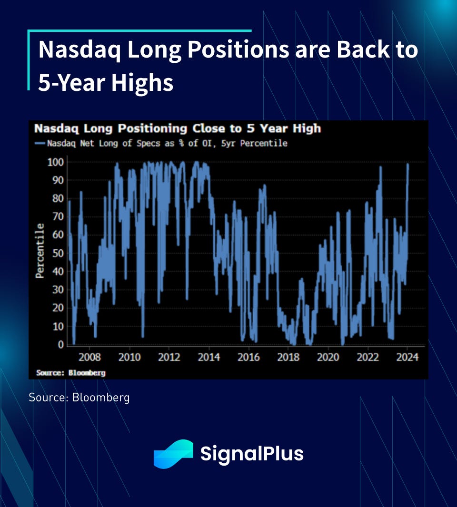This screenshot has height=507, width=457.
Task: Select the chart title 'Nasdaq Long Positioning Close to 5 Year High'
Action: pyautogui.click(x=177, y=128)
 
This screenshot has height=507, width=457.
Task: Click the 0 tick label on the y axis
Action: pyautogui.click(x=61, y=345)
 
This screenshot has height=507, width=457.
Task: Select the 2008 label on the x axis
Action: pyautogui.click(x=89, y=357)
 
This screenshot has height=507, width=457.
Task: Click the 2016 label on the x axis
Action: pyautogui.click(x=248, y=357)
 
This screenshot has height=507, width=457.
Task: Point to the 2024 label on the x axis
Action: pyautogui.click(x=407, y=357)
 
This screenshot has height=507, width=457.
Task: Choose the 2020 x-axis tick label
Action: pyautogui.click(x=328, y=357)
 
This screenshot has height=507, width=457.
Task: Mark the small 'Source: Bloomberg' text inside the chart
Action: pyautogui.click(x=70, y=373)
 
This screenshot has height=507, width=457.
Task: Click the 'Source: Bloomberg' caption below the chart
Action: pyautogui.click(x=79, y=398)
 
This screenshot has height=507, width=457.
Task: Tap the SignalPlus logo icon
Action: pyautogui.click(x=173, y=454)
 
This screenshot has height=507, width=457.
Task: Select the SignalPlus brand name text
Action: pyautogui.click(x=252, y=454)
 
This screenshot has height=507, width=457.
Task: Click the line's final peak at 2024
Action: pyautogui.click(x=407, y=165)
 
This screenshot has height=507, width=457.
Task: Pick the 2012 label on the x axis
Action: pyautogui.click(x=169, y=357)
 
